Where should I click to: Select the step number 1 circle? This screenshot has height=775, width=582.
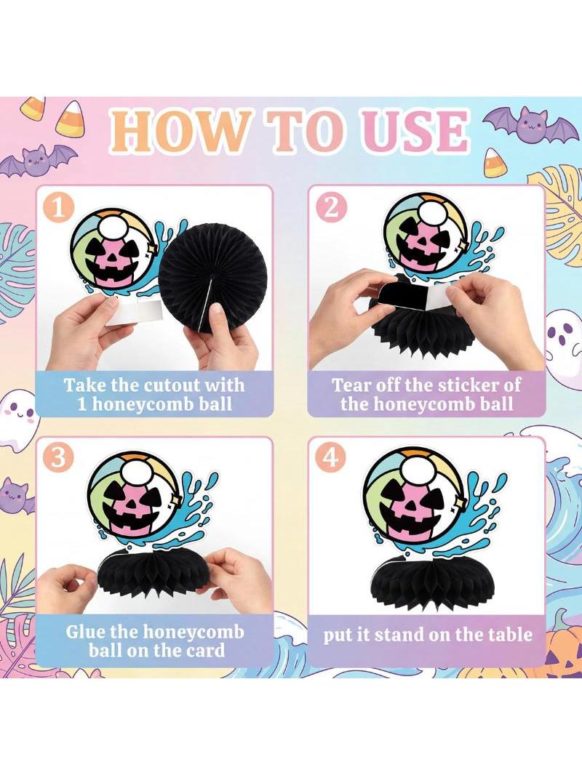pyautogui.click(x=59, y=208)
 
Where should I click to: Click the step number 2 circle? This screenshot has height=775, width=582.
pyautogui.click(x=331, y=207)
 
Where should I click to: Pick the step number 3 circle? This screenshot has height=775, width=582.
pyautogui.click(x=59, y=458)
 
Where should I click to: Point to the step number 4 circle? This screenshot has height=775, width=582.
pyautogui.click(x=331, y=457)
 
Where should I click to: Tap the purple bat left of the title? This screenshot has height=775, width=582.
pyautogui.click(x=39, y=160)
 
